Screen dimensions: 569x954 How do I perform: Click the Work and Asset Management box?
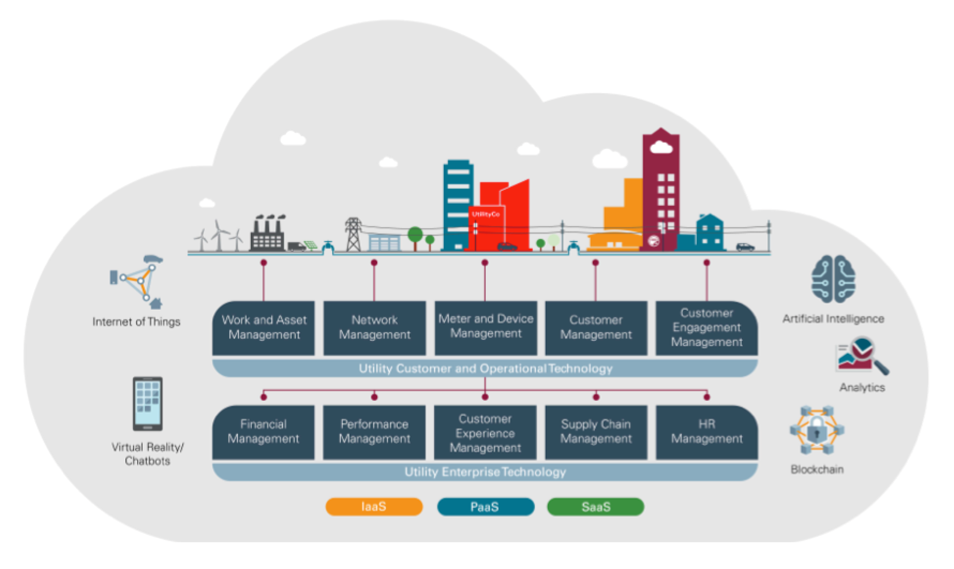[264, 328]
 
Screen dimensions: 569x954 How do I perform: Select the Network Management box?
[375, 328]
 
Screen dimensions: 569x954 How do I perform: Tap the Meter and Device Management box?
[486, 328]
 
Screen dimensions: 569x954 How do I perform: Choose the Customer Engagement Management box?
[706, 328]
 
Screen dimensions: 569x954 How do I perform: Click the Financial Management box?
[263, 432]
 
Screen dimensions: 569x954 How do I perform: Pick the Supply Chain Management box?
[595, 432]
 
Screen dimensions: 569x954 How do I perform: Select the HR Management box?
[706, 432]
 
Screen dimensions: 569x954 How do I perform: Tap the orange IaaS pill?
[374, 507]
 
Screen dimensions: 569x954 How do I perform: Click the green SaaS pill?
[595, 507]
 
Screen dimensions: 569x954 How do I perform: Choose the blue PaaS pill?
[485, 507]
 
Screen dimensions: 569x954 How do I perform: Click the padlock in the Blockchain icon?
[816, 430]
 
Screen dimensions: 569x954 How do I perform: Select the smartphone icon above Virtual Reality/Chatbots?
[147, 403]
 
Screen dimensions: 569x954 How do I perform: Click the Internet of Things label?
[136, 322]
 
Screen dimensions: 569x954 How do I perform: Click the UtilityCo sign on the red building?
[486, 214]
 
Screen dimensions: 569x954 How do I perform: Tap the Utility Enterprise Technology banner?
[485, 472]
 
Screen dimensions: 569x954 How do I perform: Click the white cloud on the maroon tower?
[660, 146]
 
